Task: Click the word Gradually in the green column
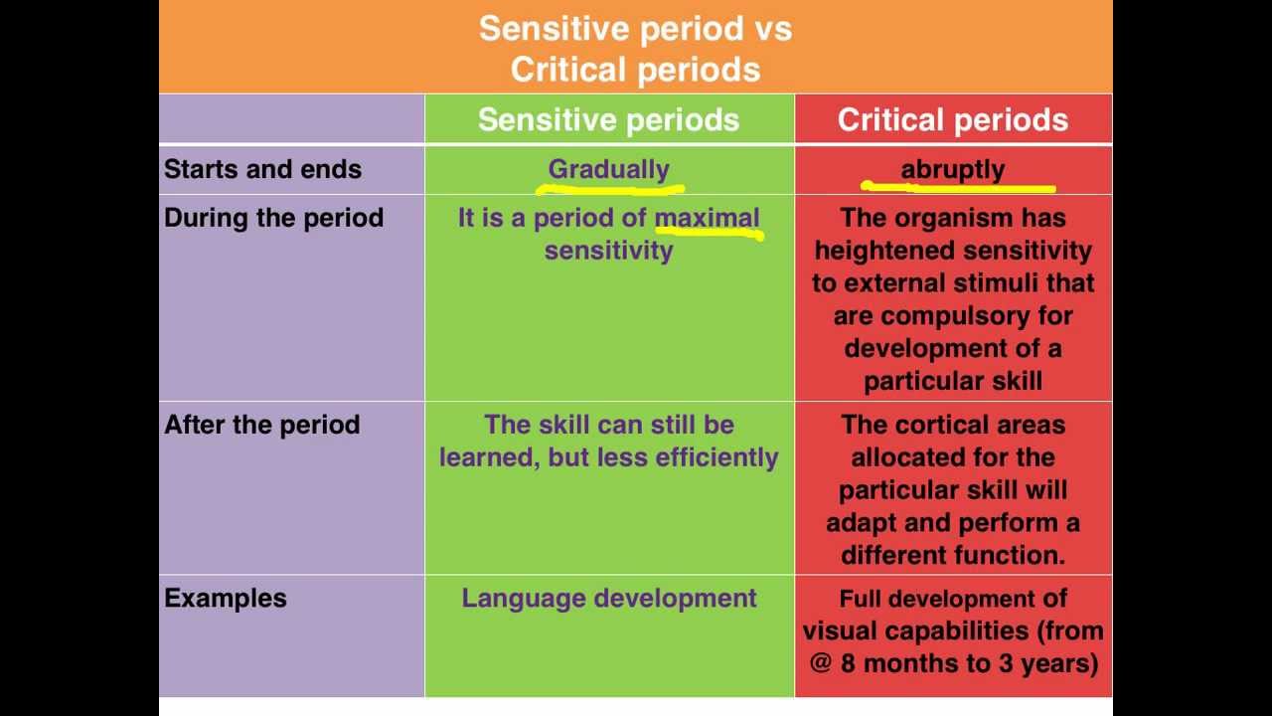pos(608,169)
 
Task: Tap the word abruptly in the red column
pos(952,169)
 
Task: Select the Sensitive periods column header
pos(608,120)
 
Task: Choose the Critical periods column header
pos(952,120)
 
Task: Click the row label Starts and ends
pos(262,169)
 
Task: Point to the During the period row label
pos(273,218)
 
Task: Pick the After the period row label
pos(261,425)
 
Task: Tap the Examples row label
pos(225,598)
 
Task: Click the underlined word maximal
pos(707,218)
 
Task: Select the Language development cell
pos(608,598)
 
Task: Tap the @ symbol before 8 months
pos(820,662)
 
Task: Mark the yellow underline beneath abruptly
pos(958,186)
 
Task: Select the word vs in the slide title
pos(773,28)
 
